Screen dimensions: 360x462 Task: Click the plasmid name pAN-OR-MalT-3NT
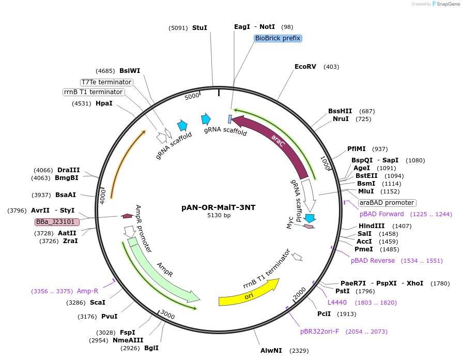(218, 207)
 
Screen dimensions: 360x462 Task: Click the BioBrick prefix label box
(278, 38)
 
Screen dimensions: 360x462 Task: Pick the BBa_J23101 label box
(57, 222)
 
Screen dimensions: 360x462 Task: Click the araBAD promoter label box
(387, 203)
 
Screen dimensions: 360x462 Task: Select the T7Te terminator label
(106, 82)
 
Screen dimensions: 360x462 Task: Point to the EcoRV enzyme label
(305, 67)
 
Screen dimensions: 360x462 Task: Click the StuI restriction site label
(199, 27)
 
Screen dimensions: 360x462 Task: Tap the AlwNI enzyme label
(271, 351)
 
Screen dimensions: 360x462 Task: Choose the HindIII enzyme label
(372, 226)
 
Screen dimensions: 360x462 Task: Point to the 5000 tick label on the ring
(192, 96)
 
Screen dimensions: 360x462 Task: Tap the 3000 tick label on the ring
(167, 314)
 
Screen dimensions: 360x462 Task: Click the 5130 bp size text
(219, 215)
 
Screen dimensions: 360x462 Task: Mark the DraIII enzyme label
(69, 170)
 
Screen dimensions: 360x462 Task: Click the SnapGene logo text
(448, 4)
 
